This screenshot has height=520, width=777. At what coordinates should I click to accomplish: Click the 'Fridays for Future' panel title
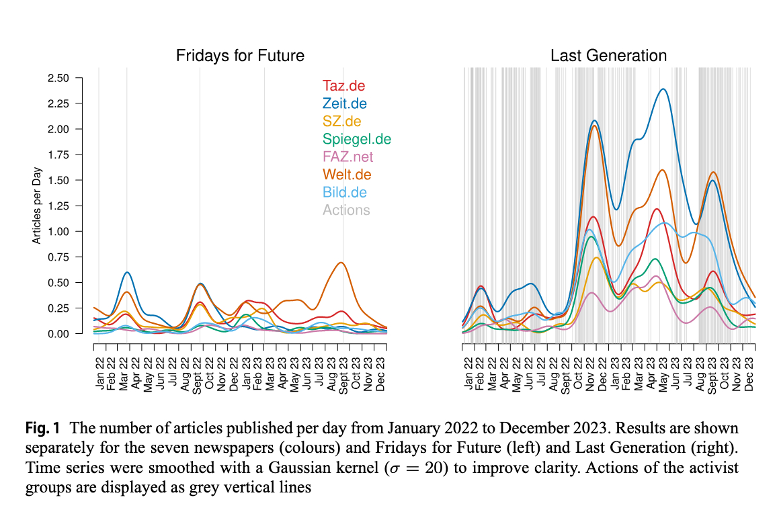click(x=240, y=55)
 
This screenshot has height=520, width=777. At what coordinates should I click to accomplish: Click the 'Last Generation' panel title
click(x=608, y=55)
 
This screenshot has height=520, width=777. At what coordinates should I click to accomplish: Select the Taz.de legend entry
click(x=343, y=86)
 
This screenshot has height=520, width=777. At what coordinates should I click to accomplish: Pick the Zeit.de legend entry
click(x=344, y=103)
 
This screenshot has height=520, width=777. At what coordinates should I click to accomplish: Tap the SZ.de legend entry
click(x=341, y=122)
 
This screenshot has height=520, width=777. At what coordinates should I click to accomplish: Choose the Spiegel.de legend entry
click(x=356, y=139)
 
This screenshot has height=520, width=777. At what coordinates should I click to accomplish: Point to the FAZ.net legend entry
click(x=347, y=157)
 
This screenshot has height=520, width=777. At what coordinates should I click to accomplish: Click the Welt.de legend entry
click(x=345, y=175)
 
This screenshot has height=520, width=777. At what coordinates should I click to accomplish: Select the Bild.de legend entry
click(x=344, y=193)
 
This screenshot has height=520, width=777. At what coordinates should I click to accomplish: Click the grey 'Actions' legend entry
click(x=346, y=210)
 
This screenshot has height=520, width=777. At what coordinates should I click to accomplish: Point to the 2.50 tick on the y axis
click(x=58, y=78)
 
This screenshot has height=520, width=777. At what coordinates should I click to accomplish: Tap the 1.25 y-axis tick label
click(x=58, y=206)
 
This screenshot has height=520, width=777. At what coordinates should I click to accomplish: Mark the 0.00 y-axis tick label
click(x=58, y=333)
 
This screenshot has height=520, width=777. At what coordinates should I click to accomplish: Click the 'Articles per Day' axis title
click(x=37, y=206)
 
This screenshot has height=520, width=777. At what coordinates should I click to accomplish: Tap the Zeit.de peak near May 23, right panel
click(x=663, y=89)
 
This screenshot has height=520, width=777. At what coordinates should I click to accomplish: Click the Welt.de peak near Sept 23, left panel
click(x=342, y=263)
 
